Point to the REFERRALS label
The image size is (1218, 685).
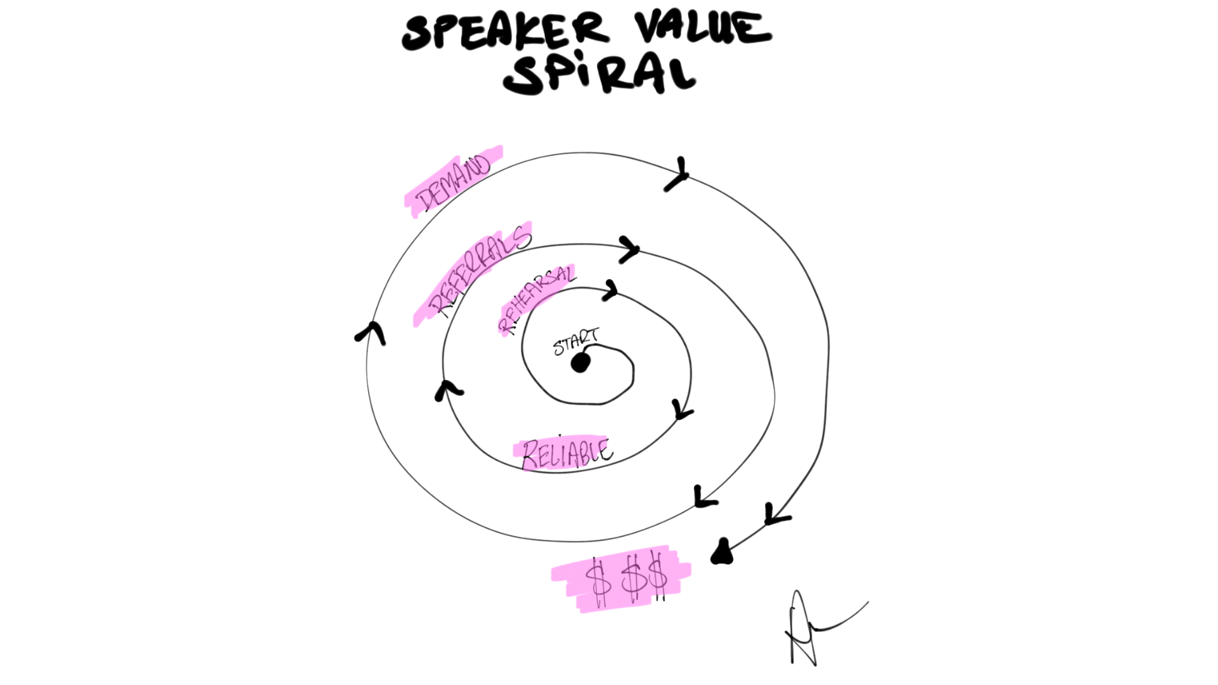(x=479, y=271)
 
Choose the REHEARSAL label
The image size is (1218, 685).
(x=536, y=299)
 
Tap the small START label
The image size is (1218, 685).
(x=575, y=342)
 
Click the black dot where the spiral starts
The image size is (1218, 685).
(x=580, y=363)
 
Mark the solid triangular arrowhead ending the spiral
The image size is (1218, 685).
(x=723, y=552)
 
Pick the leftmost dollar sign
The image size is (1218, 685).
(x=598, y=582)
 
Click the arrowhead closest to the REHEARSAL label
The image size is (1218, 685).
(x=610, y=291)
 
